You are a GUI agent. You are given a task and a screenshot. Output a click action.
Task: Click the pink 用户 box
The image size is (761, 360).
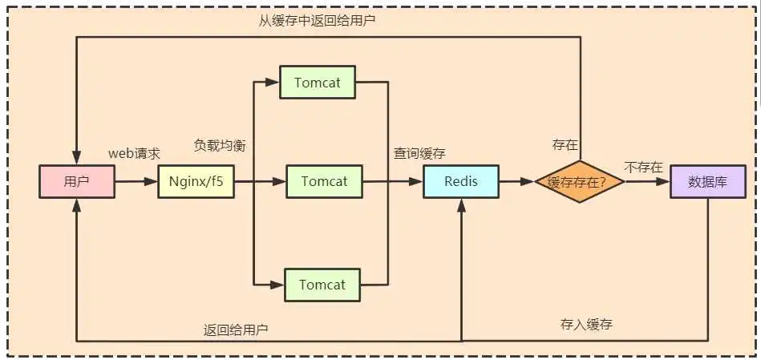[x=76, y=182]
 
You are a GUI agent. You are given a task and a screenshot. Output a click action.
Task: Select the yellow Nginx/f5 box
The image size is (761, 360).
[x=196, y=182]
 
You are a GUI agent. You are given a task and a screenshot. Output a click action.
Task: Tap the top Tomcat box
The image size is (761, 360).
[x=317, y=83]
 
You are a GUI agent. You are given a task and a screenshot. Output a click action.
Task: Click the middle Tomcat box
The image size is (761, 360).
[x=324, y=182]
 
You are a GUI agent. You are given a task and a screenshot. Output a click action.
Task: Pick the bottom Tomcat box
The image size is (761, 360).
[x=322, y=285]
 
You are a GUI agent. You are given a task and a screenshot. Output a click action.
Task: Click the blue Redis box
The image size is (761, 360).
[x=460, y=182]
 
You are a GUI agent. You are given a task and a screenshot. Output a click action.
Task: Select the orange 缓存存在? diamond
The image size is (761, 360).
[x=580, y=182]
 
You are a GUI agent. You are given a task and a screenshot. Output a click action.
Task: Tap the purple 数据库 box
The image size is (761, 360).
[x=708, y=182]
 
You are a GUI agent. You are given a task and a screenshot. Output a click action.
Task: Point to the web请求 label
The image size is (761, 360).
[x=135, y=153]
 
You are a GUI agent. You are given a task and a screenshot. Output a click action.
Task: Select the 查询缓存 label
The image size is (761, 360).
[x=419, y=153]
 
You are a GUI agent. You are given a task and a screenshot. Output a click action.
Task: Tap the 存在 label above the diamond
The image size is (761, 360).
[x=565, y=144]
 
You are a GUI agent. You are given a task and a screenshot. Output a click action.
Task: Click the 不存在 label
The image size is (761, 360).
[x=644, y=167]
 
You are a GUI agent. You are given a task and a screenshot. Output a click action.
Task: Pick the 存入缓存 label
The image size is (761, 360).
[x=587, y=325]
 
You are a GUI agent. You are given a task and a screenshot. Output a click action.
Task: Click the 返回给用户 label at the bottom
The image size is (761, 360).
[x=236, y=330]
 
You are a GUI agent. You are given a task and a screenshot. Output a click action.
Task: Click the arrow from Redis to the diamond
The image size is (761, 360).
[x=516, y=182]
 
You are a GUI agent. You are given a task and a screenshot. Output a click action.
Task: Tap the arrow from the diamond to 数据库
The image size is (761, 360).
[x=647, y=182]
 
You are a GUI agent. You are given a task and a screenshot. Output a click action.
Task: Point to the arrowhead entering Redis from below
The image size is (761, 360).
[x=461, y=205]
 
